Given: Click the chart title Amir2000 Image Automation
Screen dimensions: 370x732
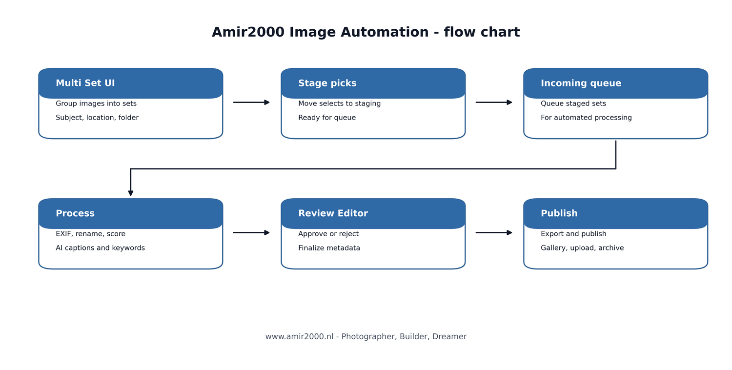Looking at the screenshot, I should tap(366, 33).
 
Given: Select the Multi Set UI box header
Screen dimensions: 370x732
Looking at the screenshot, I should tap(131, 83).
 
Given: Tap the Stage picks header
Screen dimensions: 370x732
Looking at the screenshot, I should tap(373, 83).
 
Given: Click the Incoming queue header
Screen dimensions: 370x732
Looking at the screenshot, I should tap(615, 83).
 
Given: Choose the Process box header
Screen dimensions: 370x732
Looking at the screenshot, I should tap(131, 214).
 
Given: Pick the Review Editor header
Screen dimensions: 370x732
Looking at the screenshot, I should tap(373, 214).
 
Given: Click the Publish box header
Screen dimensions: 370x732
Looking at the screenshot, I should tap(615, 214).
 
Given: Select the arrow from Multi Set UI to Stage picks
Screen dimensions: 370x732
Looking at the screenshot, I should tap(251, 103).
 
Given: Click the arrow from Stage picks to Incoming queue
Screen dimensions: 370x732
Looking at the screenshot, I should tap(494, 103).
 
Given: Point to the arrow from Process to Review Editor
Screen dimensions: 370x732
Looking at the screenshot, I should tap(251, 233).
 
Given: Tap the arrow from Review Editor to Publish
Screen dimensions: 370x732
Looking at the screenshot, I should tap(494, 233).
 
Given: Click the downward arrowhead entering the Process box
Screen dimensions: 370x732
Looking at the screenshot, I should tap(131, 193).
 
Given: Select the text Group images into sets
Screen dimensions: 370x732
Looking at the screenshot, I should tap(96, 104).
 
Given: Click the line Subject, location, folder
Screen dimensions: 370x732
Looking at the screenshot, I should tap(97, 118).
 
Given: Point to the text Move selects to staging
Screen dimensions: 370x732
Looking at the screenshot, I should tap(339, 104).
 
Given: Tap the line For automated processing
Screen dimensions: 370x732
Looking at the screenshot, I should tap(586, 118).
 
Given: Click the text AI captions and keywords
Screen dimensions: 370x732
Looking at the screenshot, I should tap(100, 248).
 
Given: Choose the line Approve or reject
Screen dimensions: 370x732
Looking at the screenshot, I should tap(328, 234).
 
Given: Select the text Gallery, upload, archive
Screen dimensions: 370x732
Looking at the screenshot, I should tap(582, 248).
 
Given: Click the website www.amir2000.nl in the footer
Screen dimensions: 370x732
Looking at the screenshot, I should tap(299, 337).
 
